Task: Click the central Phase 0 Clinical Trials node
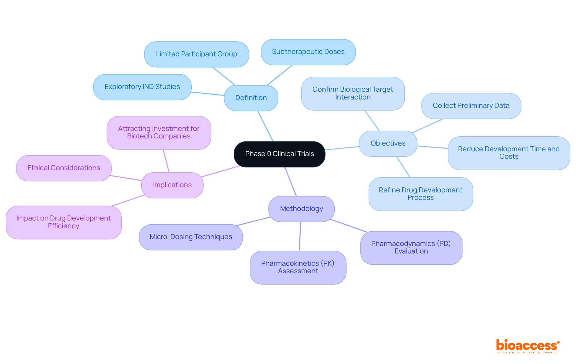[279, 154]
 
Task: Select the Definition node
[251, 98]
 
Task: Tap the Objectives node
[388, 144]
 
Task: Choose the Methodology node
[301, 209]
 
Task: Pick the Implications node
[172, 185]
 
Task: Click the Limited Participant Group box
[196, 54]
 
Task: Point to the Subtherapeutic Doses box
[308, 52]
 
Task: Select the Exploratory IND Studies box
[142, 87]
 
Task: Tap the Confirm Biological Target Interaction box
[353, 93]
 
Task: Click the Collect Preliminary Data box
[471, 106]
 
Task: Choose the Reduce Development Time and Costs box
[509, 153]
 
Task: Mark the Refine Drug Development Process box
[421, 194]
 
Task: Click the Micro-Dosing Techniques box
[191, 237]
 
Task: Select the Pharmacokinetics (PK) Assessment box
[298, 267]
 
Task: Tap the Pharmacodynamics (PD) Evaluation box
[411, 247]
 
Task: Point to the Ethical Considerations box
[64, 168]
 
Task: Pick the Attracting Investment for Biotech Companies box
[159, 132]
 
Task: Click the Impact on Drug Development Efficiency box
[64, 222]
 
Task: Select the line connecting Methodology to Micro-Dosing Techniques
[253, 221]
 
